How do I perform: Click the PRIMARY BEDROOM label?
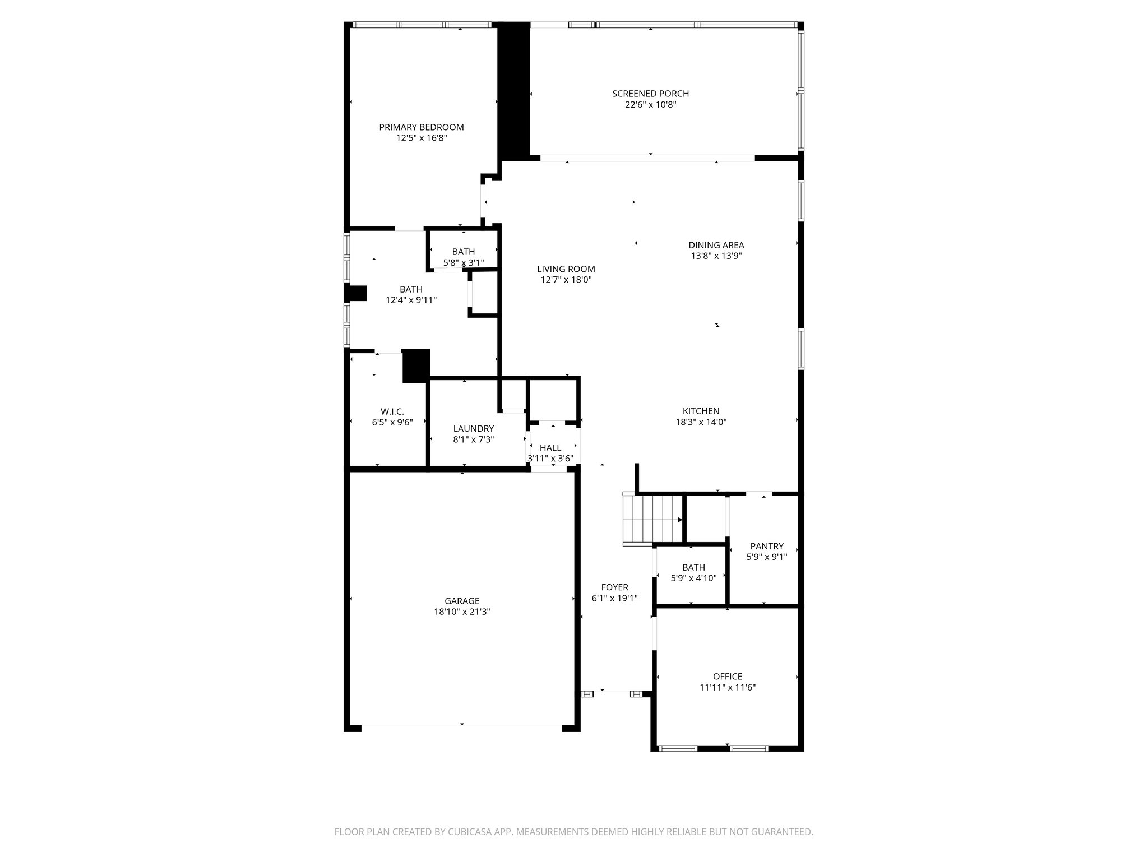coord(422,127)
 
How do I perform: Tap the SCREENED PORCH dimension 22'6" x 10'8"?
coord(650,104)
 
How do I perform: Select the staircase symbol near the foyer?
coord(652,519)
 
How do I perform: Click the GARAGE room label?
coord(462,601)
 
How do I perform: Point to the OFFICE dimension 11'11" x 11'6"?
coord(727,687)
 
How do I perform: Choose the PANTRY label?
coord(766,546)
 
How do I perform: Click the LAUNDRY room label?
coord(473,429)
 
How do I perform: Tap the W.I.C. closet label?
coord(392,411)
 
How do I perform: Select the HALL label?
coord(550,448)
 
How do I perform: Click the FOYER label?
coord(614,587)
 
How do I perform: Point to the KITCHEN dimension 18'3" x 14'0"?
coord(701,422)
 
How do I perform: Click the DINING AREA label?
coord(716,245)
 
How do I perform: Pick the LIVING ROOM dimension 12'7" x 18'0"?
coord(566,280)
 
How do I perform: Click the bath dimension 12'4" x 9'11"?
coord(411,300)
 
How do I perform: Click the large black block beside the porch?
coord(514,90)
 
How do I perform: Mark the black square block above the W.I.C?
coord(416,365)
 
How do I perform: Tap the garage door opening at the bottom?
coord(462,725)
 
